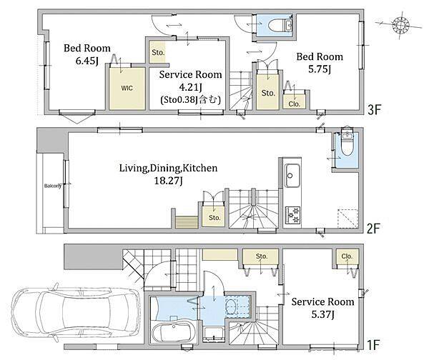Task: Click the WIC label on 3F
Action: [x=127, y=88]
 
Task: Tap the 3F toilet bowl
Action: [x=277, y=26]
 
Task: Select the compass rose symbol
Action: [x=400, y=25]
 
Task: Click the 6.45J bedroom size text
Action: [x=87, y=61]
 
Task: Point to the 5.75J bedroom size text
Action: [x=320, y=69]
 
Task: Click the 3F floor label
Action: [x=374, y=110]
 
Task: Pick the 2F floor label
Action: [x=373, y=229]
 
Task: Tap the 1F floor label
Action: [x=373, y=345]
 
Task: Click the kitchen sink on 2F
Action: [x=292, y=176]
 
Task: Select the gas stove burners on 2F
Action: [x=292, y=215]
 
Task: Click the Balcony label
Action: [x=53, y=186]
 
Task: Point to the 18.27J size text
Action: [x=168, y=181]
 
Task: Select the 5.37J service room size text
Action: [x=322, y=314]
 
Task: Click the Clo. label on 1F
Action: [x=347, y=256]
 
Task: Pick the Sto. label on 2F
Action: [x=214, y=218]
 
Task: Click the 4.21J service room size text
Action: [x=190, y=87]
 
